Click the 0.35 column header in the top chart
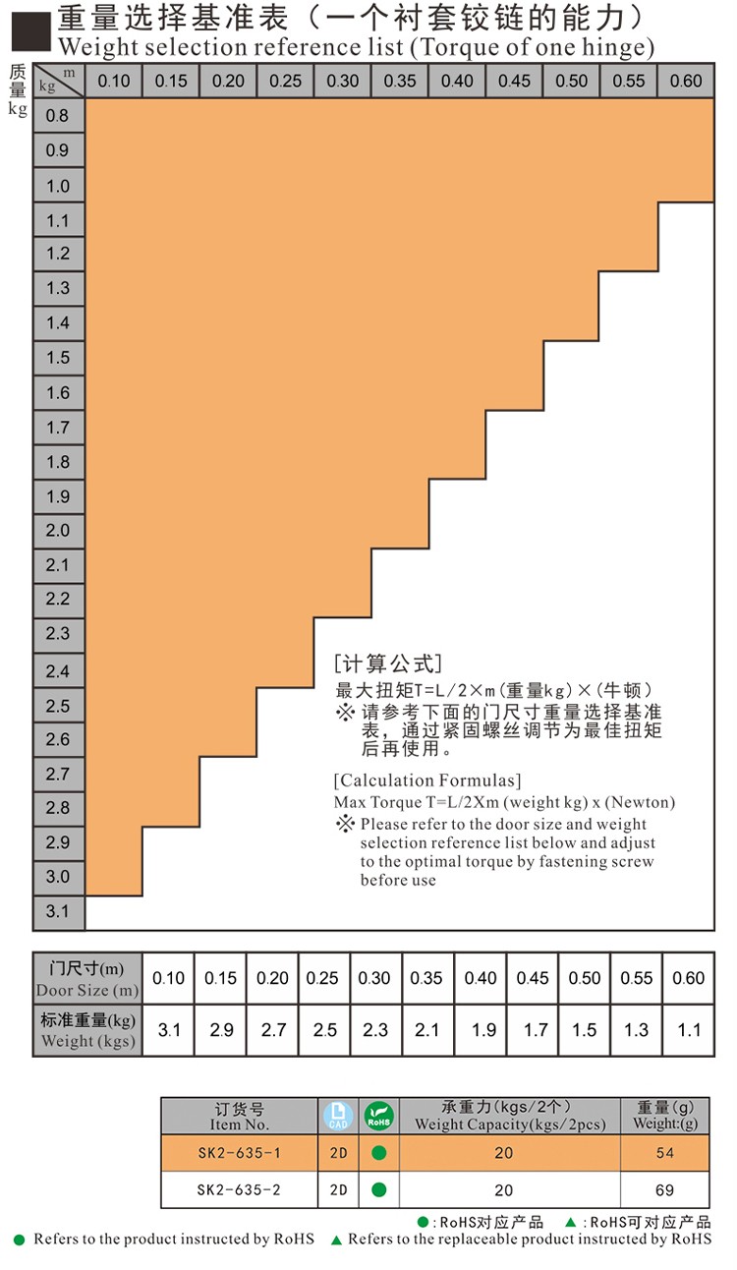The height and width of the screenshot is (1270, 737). [x=400, y=81]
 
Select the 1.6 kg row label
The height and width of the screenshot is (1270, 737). [x=58, y=392]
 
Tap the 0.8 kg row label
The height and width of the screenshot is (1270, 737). [x=58, y=116]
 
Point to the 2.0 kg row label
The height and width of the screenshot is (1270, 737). [x=58, y=531]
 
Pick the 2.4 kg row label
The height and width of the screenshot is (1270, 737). [x=58, y=671]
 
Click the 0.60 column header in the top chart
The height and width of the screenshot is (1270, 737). [x=686, y=81]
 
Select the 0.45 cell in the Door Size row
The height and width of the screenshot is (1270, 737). [x=533, y=978]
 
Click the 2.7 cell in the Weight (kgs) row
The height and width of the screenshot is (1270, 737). [x=272, y=1030]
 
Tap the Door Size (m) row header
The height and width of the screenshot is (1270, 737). [x=87, y=979]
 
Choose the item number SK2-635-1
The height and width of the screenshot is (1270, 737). [x=239, y=1153]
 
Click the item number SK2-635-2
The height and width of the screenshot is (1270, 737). [x=239, y=1189]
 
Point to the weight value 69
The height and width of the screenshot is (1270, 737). [x=665, y=1189]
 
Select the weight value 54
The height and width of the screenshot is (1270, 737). [x=665, y=1153]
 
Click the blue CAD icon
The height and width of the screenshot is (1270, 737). [x=337, y=1116]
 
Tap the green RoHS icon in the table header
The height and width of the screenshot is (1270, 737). [x=378, y=1116]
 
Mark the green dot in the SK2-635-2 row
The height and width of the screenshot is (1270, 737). [x=378, y=1189]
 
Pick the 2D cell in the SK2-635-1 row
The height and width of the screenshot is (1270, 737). [x=337, y=1153]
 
